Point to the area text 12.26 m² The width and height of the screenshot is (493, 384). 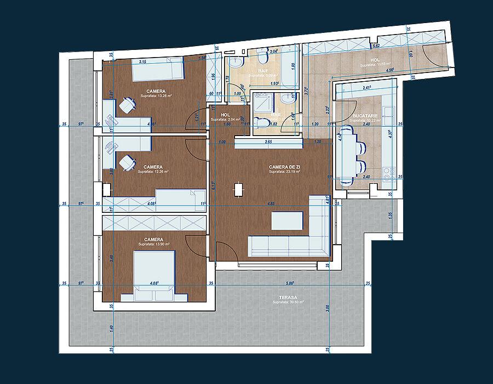(153, 171)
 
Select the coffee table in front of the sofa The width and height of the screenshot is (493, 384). (288, 220)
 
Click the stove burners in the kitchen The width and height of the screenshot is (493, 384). (390, 174)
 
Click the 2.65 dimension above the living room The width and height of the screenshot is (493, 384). (268, 142)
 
